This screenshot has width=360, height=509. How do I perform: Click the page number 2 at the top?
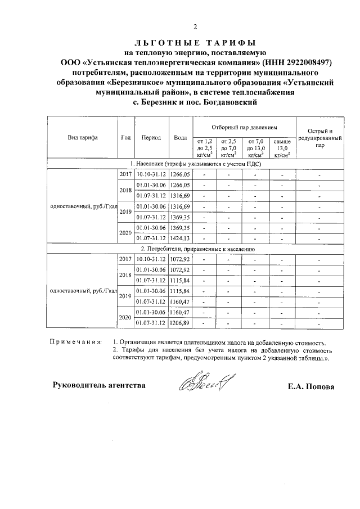pos(195,26)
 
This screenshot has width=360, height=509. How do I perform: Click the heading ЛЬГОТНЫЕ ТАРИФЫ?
pos(195,43)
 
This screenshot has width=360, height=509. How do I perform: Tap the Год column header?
pos(126,138)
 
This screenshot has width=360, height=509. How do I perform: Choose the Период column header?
pos(151,138)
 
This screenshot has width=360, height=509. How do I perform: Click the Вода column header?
pos(181,138)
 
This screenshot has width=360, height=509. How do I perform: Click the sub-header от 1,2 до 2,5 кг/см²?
pos(205,147)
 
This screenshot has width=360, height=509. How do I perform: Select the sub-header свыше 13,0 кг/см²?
pos(281,147)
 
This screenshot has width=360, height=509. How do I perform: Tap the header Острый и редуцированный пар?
pos(319,138)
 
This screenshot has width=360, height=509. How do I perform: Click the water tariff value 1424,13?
pos(181,238)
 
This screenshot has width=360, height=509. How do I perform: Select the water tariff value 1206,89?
pos(181,323)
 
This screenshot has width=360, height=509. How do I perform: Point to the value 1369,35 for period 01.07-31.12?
pos(181,217)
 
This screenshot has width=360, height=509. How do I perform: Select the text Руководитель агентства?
pos(99,385)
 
